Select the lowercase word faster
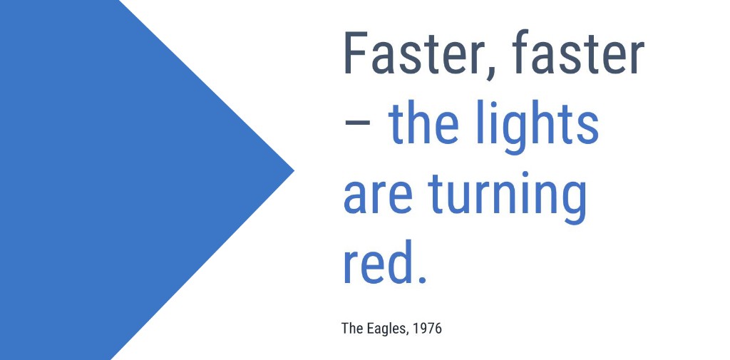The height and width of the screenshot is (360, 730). (x=577, y=52)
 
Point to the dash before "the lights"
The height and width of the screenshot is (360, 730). (x=357, y=121)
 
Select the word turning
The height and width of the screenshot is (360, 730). (x=507, y=197)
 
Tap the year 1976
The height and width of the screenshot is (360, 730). (x=428, y=329)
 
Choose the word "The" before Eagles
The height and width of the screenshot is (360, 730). (x=352, y=329)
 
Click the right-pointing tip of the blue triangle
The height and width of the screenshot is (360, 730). (x=294, y=171)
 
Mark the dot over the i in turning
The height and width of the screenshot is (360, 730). (x=511, y=175)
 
